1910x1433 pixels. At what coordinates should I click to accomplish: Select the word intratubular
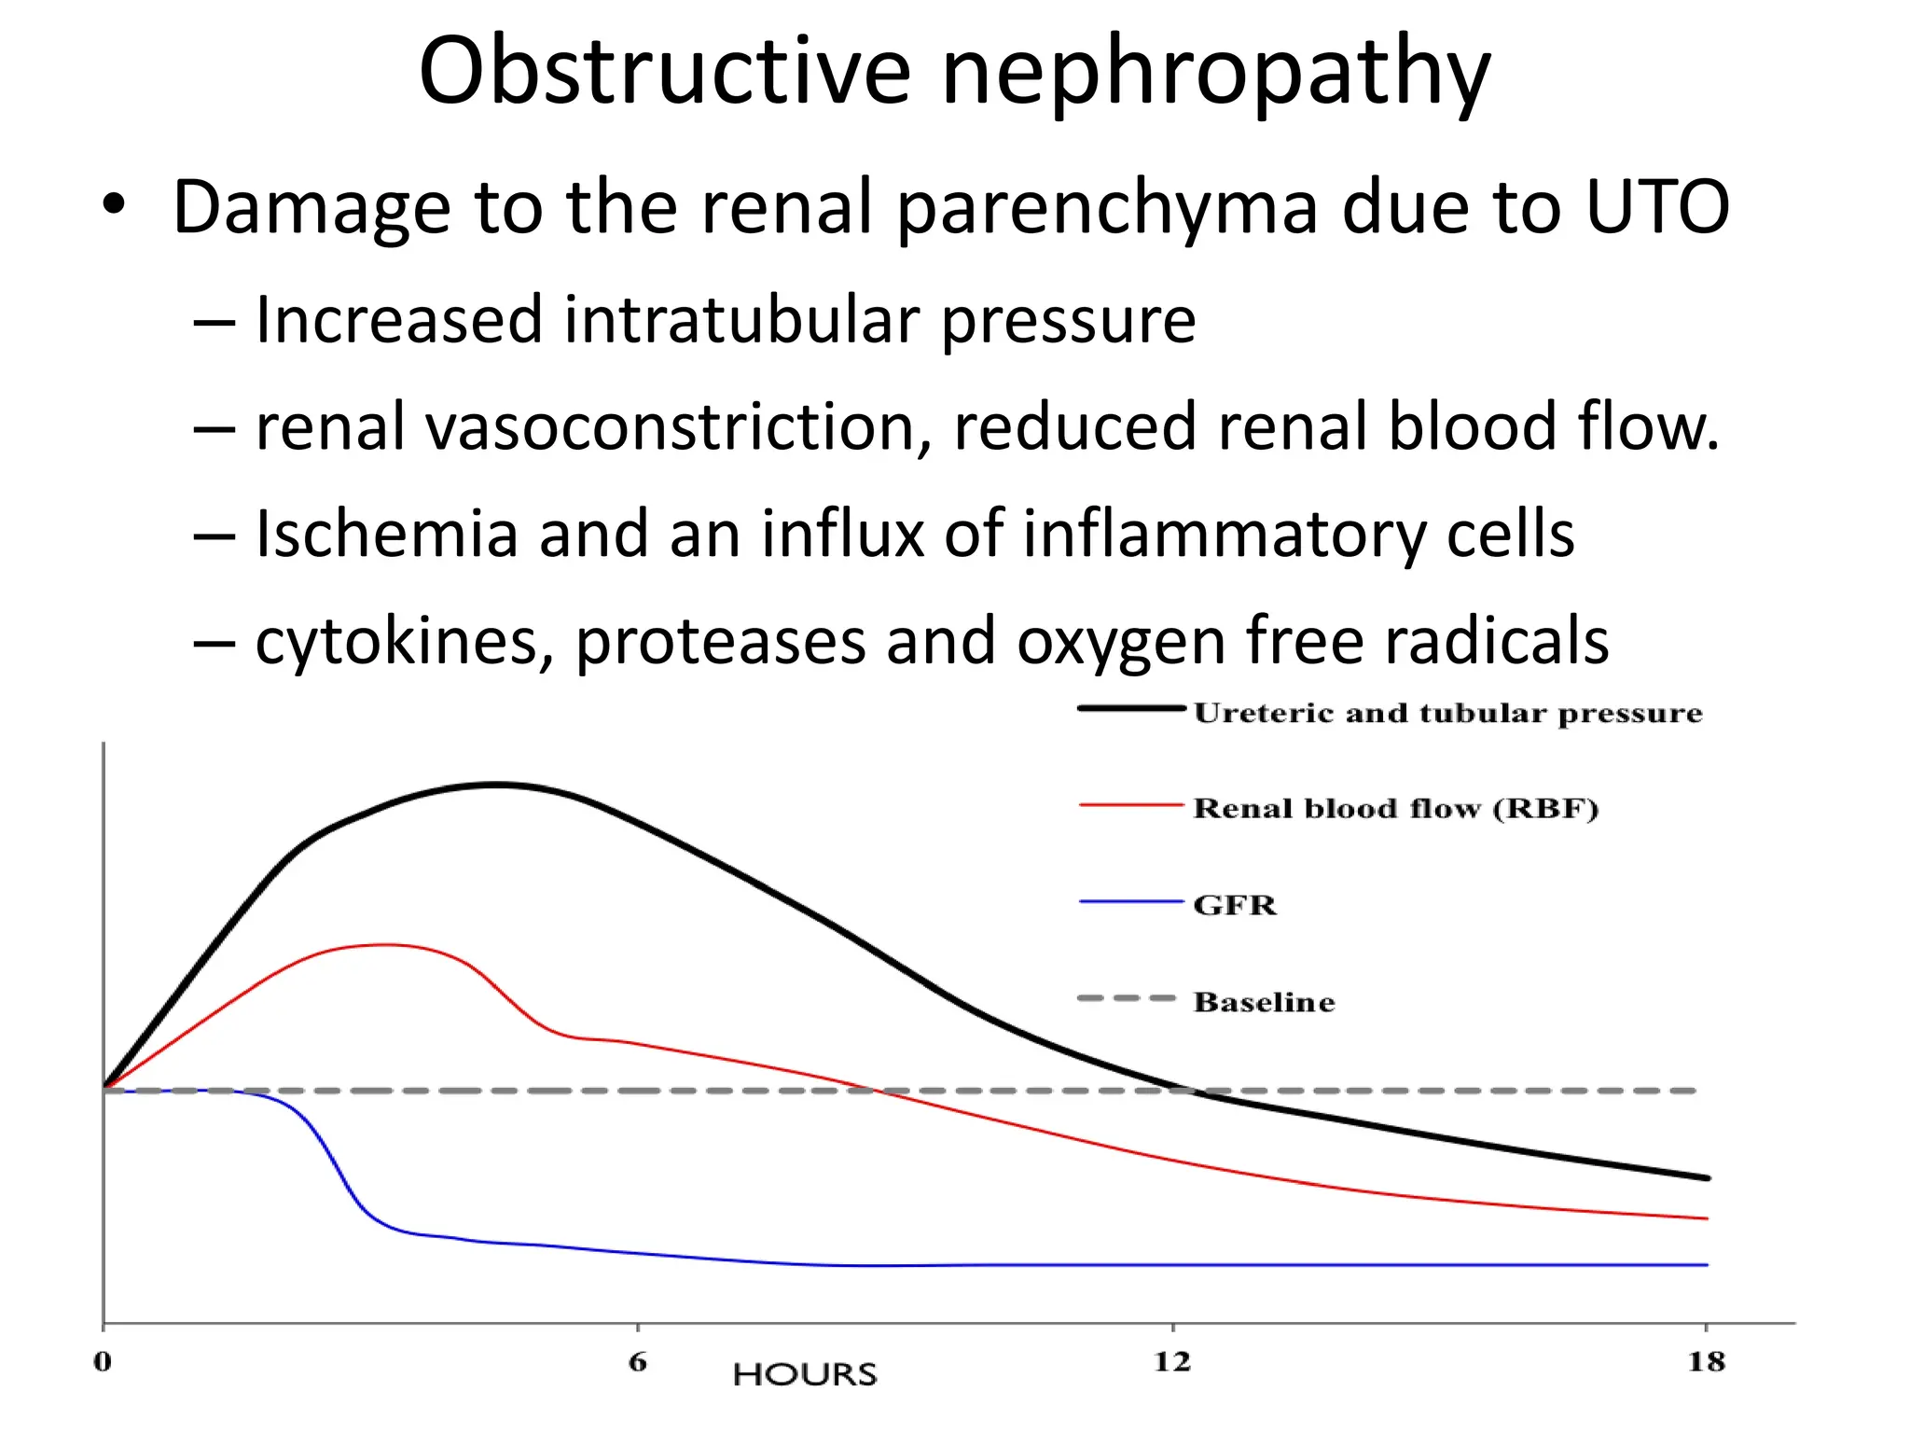[x=740, y=320]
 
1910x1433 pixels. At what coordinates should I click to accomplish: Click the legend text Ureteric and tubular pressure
[x=1447, y=713]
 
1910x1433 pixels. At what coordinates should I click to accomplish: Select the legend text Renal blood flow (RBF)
[x=1395, y=808]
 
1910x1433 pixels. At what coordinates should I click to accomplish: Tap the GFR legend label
[x=1234, y=905]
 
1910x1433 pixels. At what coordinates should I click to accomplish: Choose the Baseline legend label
[x=1264, y=1002]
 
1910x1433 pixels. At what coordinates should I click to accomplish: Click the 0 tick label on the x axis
[x=103, y=1362]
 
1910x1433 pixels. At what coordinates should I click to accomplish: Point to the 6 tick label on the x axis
[x=638, y=1362]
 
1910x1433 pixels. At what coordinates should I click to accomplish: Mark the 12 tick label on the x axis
[x=1172, y=1362]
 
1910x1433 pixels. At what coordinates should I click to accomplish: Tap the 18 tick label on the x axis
[x=1706, y=1362]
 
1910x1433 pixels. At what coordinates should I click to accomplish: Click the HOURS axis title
[x=805, y=1374]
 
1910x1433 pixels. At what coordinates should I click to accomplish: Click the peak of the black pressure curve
[x=499, y=785]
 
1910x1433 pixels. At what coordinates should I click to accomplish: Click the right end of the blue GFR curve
[x=1705, y=1264]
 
